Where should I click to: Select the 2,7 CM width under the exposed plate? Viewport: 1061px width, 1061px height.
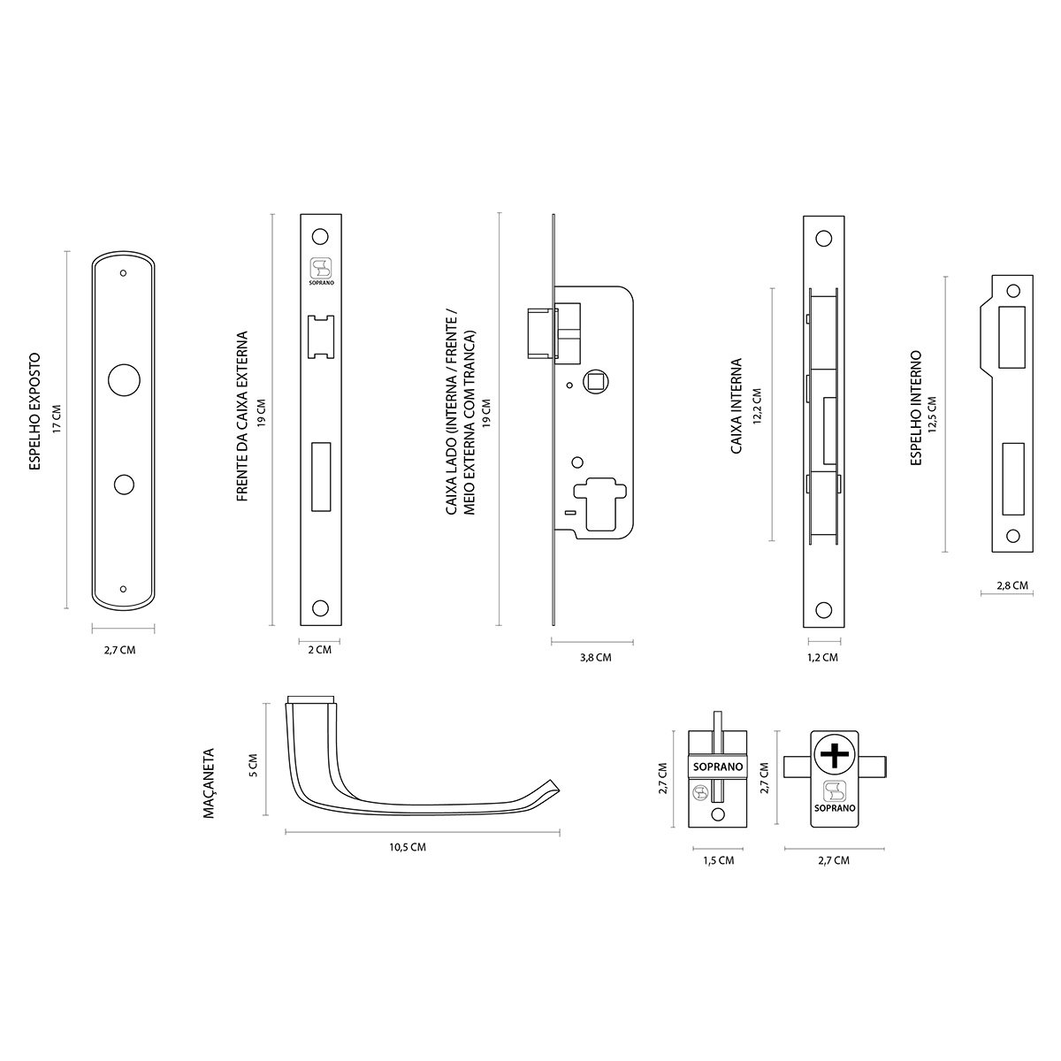tap(119, 650)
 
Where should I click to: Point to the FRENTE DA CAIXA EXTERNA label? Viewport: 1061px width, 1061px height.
tap(241, 417)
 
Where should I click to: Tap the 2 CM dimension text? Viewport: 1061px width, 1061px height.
tap(319, 650)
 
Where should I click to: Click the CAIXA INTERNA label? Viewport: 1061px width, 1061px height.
tap(736, 406)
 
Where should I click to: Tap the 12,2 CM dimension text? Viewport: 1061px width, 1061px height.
tap(757, 407)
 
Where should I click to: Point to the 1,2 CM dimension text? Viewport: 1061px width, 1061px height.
tap(823, 658)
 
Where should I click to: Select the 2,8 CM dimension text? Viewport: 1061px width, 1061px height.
tap(1012, 585)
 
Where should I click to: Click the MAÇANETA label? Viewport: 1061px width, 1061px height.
tap(210, 785)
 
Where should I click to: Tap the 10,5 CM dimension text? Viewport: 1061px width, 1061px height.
tap(408, 847)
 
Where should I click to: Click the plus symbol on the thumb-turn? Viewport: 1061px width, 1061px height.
tap(834, 754)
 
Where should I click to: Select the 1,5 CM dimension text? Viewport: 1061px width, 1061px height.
tap(718, 860)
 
